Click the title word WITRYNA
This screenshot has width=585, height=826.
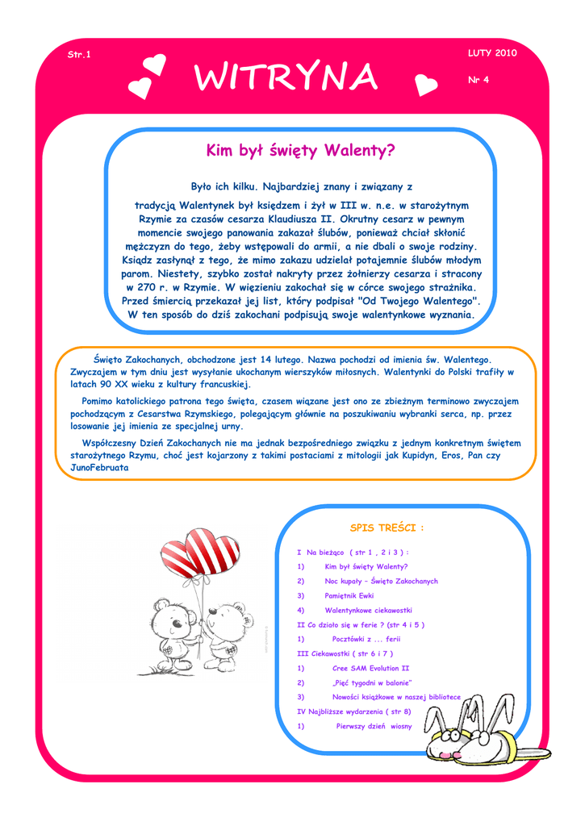(x=286, y=78)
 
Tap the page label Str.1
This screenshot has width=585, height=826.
(x=79, y=54)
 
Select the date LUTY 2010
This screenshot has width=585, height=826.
(x=491, y=53)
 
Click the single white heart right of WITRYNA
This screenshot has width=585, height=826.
(x=425, y=83)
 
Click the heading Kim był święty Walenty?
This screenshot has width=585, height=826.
(x=301, y=150)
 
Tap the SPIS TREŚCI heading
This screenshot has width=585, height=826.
(x=387, y=528)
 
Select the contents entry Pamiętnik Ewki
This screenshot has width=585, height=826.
(x=349, y=595)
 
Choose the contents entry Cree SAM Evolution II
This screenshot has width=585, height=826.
(x=371, y=668)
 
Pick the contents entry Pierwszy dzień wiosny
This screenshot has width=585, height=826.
(x=374, y=726)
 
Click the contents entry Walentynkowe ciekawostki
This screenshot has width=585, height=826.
(x=368, y=610)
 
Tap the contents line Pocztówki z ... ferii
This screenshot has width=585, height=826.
(x=366, y=639)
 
